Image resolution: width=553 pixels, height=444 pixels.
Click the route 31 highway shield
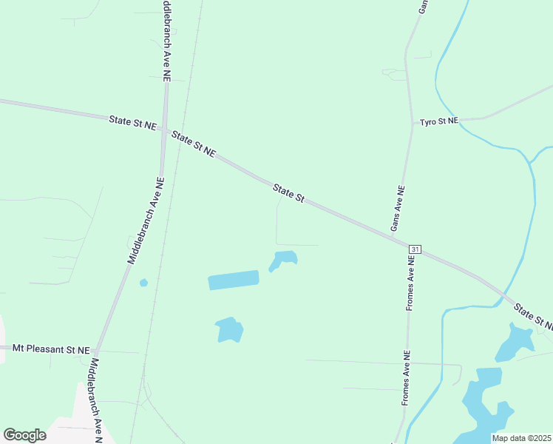click(414, 250)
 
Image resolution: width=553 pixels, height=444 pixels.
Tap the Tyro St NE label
click(439, 121)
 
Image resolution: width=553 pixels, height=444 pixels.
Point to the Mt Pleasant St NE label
click(50, 349)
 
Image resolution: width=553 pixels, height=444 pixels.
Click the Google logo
click(24, 434)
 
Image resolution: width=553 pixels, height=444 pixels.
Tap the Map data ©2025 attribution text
click(520, 438)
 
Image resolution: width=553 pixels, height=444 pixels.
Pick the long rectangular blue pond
click(234, 280)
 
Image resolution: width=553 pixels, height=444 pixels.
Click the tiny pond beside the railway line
click(143, 283)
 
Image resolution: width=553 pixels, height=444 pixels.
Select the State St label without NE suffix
click(288, 193)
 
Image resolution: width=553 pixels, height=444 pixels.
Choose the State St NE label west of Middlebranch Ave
click(132, 122)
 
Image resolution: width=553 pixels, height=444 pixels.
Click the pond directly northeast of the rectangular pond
click(284, 259)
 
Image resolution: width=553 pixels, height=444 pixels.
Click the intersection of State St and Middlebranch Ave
click(164, 129)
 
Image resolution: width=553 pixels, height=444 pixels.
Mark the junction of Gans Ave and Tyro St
click(412, 121)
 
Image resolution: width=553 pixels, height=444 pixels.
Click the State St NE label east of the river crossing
click(534, 317)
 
